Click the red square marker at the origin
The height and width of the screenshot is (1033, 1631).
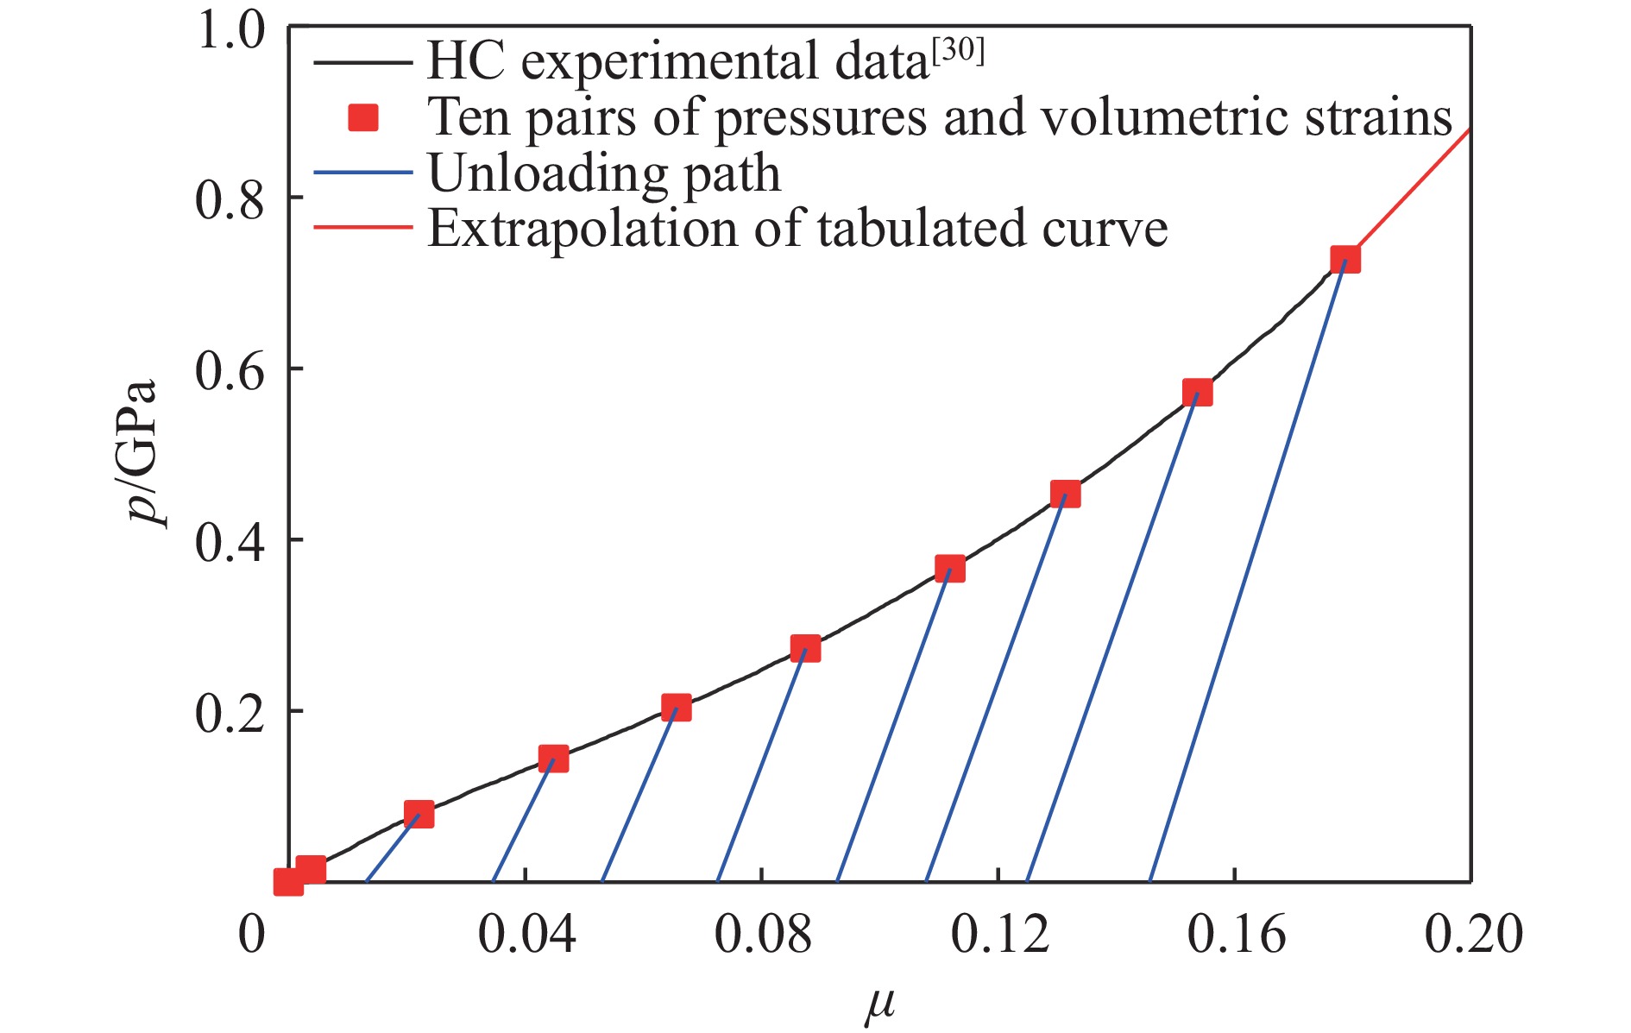click(x=288, y=881)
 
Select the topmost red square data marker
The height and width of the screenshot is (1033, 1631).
click(x=1344, y=259)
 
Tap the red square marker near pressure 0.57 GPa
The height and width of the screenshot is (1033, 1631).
click(x=1197, y=393)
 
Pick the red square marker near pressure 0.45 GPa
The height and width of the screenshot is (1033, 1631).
click(x=1065, y=494)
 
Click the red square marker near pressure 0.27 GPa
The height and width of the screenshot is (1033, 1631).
click(x=805, y=648)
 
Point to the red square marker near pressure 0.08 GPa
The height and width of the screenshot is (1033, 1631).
click(x=419, y=814)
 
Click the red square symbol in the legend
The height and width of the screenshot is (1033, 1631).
click(x=363, y=117)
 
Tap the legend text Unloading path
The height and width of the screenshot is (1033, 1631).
click(x=604, y=173)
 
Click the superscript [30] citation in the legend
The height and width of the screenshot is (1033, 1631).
click(x=958, y=52)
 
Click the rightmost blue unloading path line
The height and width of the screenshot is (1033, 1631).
click(x=1247, y=570)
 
